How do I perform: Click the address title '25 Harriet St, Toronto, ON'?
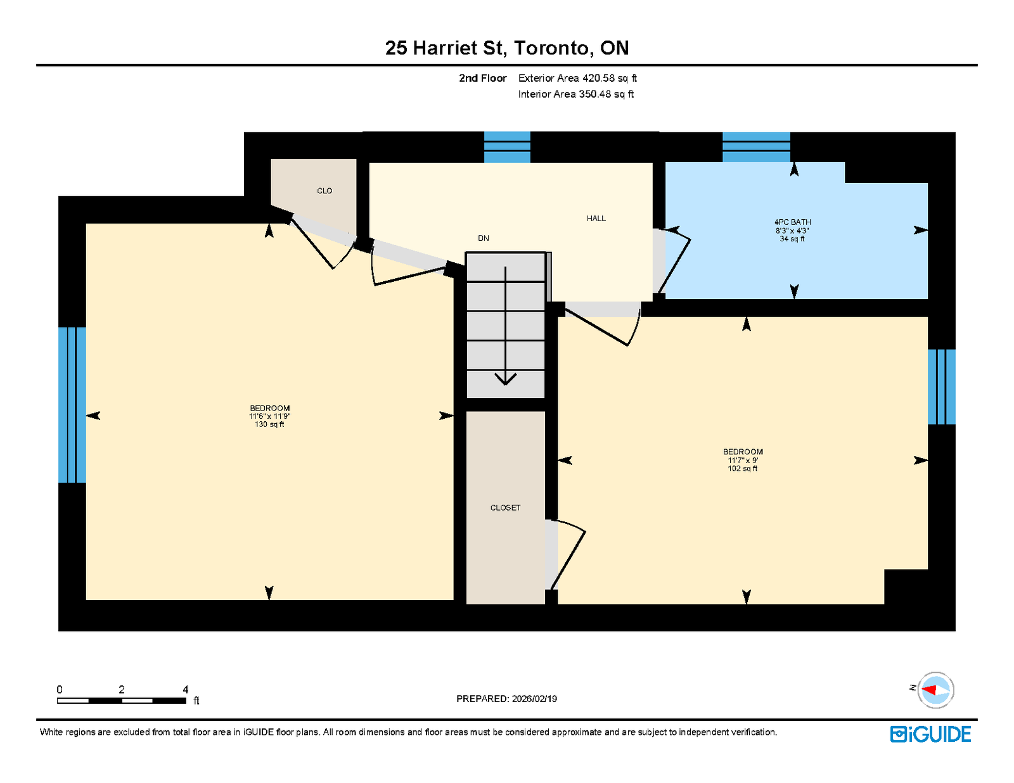(x=507, y=48)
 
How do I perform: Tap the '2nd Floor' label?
(x=482, y=79)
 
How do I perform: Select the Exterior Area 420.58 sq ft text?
(x=577, y=79)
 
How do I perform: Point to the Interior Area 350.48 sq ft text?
(x=576, y=94)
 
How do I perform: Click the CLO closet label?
(x=324, y=191)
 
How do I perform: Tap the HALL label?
(x=596, y=219)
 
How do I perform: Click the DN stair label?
(x=483, y=238)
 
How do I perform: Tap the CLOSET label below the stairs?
(x=505, y=507)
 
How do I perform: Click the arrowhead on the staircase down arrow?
(x=505, y=379)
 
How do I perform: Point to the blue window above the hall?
(x=507, y=147)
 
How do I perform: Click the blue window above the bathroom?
(x=756, y=147)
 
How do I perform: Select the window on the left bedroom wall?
(x=72, y=405)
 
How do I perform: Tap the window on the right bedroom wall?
(x=941, y=386)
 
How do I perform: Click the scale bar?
(x=122, y=701)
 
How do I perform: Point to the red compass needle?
(x=929, y=690)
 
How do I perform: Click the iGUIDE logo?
(x=930, y=734)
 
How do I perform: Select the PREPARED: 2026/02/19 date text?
(x=506, y=699)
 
